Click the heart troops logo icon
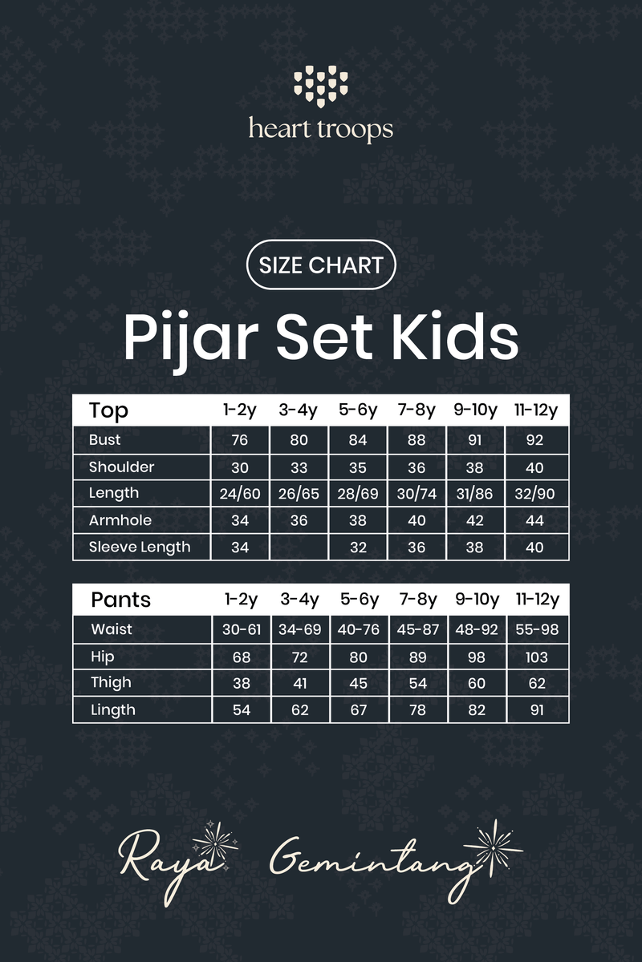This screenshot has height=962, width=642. coord(321,88)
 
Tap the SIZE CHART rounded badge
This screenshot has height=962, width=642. coord(321,265)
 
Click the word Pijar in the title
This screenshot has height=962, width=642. coord(191,339)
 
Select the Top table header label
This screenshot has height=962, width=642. coord(109,410)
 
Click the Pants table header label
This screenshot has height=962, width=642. coord(120,600)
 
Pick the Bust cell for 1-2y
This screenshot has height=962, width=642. coord(239,440)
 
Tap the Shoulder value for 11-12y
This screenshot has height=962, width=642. coord(536,467)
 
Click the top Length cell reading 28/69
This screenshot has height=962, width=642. coord(358,494)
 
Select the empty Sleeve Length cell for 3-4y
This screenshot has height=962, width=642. coord(299,548)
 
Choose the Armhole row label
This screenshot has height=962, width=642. coord(120,520)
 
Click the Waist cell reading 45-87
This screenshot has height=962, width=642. coord(416,630)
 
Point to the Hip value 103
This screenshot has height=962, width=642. coord(536,657)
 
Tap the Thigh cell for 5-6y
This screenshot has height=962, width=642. coord(358,684)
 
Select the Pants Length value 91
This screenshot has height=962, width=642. coord(536,710)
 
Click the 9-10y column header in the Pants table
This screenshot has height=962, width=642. coord(476,600)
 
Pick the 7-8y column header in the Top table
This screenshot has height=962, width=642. coord(416,410)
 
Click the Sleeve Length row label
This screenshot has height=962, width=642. coord(140,548)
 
